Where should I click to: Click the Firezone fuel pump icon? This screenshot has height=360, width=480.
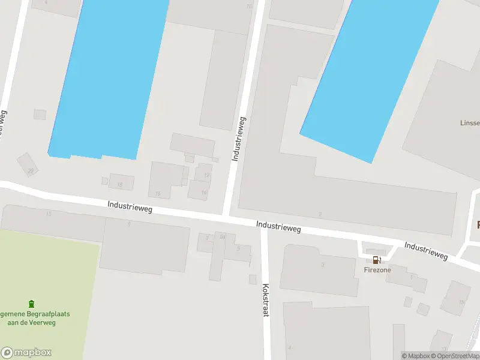coord(376,260)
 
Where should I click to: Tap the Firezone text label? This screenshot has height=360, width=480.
coord(377,270)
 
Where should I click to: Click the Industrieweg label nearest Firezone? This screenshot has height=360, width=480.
coord(426,251)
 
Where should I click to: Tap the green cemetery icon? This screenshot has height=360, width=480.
coord(32,305)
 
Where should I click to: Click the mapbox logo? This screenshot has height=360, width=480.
coord(26,353)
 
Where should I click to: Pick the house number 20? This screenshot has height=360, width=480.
coord(30,171)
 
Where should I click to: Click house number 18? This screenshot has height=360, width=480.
coord(120,184)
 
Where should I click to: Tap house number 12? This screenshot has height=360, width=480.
coord(207,175)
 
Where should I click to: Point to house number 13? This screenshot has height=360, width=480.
coord(49,214)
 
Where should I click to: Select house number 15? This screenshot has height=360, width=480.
coord(158,193)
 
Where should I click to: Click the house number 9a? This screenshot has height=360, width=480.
coord(223,238)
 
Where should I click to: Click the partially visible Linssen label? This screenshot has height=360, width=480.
coord(470,123)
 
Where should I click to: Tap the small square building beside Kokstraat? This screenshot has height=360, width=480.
coord(253,279)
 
